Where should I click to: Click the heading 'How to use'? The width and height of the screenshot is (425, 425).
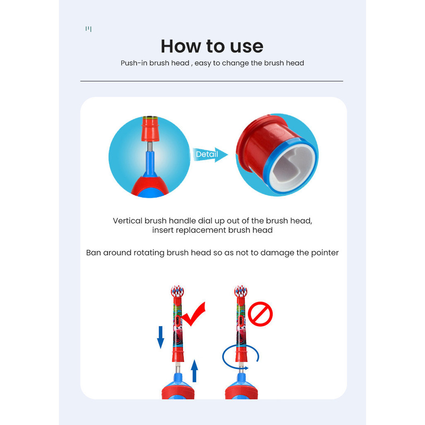212,46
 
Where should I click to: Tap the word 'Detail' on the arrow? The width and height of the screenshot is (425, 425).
207,154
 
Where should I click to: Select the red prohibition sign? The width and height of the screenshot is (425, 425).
260,314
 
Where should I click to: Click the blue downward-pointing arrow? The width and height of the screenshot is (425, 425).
161,337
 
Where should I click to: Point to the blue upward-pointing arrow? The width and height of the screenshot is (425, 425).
194,371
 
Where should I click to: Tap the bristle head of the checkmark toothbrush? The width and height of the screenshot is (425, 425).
177,292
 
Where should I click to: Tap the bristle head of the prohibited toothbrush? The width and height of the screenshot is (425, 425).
241,292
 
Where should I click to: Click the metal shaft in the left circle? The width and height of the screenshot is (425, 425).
149,147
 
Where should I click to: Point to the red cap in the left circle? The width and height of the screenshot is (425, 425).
149,129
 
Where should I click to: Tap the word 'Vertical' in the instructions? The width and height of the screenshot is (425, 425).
127,221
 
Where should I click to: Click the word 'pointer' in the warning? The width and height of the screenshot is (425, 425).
325,253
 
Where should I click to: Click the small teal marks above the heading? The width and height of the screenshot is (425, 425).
88,29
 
